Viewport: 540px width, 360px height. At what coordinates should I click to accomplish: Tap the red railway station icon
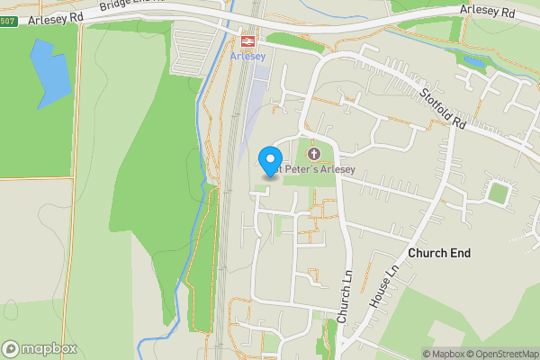(246, 40)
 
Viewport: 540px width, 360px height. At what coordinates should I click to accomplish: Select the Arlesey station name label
(247, 56)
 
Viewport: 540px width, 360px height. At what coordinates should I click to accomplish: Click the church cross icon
(314, 154)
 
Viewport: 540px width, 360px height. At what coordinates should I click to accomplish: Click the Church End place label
(439, 254)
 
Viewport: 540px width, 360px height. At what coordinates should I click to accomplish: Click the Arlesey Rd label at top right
(486, 11)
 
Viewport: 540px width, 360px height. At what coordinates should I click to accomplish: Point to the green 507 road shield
(6, 21)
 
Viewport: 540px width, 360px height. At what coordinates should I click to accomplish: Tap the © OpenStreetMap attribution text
(501, 354)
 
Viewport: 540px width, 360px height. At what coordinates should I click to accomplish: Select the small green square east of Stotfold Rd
(499, 192)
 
